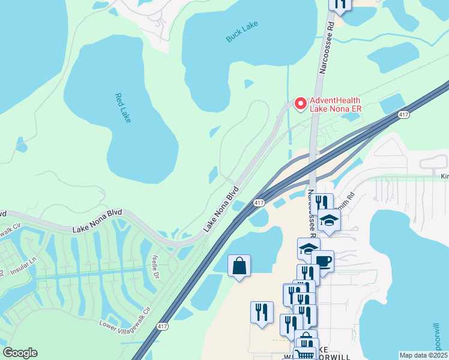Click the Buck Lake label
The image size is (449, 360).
click(x=243, y=32)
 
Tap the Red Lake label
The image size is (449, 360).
click(x=122, y=107)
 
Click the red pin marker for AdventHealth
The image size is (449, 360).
click(x=300, y=103)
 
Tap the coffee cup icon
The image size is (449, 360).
click(x=322, y=262)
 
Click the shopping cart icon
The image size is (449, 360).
click(x=304, y=355)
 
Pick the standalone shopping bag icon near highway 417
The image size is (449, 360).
click(x=239, y=265)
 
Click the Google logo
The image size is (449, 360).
click(x=20, y=353)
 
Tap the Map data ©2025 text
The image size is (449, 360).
click(x=423, y=355)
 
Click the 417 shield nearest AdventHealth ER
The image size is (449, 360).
click(x=403, y=114)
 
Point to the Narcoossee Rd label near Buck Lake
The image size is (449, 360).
click(x=326, y=49)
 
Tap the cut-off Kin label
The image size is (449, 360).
click(x=444, y=176)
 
